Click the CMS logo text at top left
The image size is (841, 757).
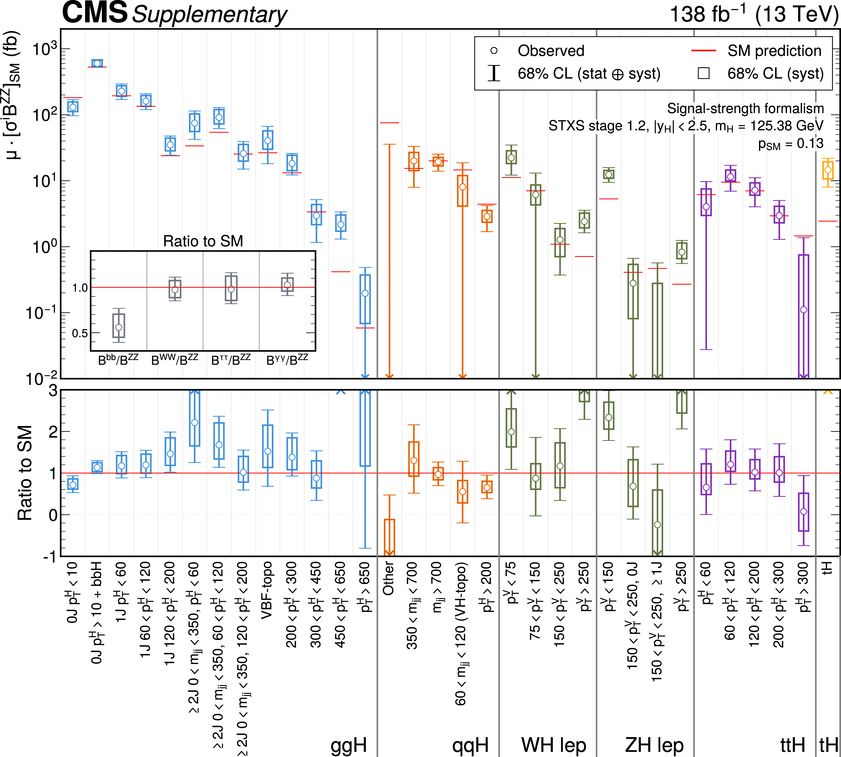pos(95,12)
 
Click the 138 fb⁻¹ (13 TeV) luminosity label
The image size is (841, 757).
pos(754,14)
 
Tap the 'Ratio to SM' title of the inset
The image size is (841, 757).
pos(203,241)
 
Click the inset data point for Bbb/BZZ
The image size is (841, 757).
pos(119,327)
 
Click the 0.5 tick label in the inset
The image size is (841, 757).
pos(80,333)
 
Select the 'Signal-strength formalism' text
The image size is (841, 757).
pos(745,109)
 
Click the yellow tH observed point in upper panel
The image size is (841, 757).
pos(828,170)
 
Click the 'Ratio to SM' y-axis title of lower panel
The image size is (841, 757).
pos(25,473)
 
